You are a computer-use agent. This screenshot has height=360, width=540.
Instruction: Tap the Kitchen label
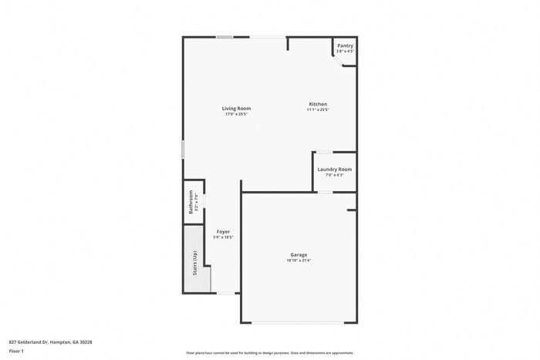[318, 104]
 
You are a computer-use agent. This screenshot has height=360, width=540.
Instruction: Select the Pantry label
[345, 45]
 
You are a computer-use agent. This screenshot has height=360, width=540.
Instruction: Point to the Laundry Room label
[334, 169]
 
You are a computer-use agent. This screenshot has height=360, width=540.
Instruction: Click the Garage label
[299, 254]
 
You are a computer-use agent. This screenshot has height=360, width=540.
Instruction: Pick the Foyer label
[222, 231]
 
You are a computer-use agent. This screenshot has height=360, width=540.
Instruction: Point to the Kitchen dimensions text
[318, 110]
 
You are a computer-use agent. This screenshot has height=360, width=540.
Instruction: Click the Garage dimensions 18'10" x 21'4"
[299, 261]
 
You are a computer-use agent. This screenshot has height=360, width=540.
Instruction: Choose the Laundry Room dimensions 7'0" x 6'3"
[334, 175]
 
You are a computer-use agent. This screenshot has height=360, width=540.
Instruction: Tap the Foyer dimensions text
[222, 237]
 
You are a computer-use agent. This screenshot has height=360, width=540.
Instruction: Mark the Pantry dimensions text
[345, 52]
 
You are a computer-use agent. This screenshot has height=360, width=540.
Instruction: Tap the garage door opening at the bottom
[299, 321]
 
